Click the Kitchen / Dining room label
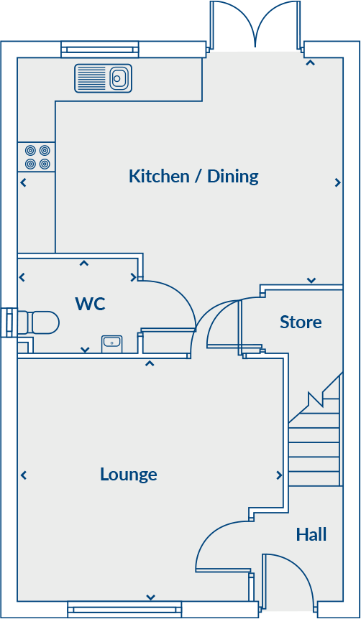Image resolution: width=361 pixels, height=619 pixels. coord(193,176)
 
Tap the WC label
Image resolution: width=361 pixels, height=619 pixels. coord(90,304)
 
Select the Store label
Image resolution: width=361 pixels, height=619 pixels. coord(301,322)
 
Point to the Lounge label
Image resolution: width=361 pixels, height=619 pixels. coord(128,474)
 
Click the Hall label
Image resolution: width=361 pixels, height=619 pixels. coord(311,534)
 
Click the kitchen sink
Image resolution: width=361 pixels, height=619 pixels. coord(104,78)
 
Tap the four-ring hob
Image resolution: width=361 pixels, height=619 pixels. coord(37,157)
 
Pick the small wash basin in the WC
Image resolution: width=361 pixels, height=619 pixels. coord(111,343)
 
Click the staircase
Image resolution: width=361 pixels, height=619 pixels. coord(315,438)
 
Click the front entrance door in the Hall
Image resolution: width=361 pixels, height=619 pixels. coord(286,582)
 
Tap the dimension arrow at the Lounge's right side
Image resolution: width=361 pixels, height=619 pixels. coord(279,475)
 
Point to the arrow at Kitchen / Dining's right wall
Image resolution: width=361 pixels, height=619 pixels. coord(337,183)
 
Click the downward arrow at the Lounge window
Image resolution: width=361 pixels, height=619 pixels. coord(151,597)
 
